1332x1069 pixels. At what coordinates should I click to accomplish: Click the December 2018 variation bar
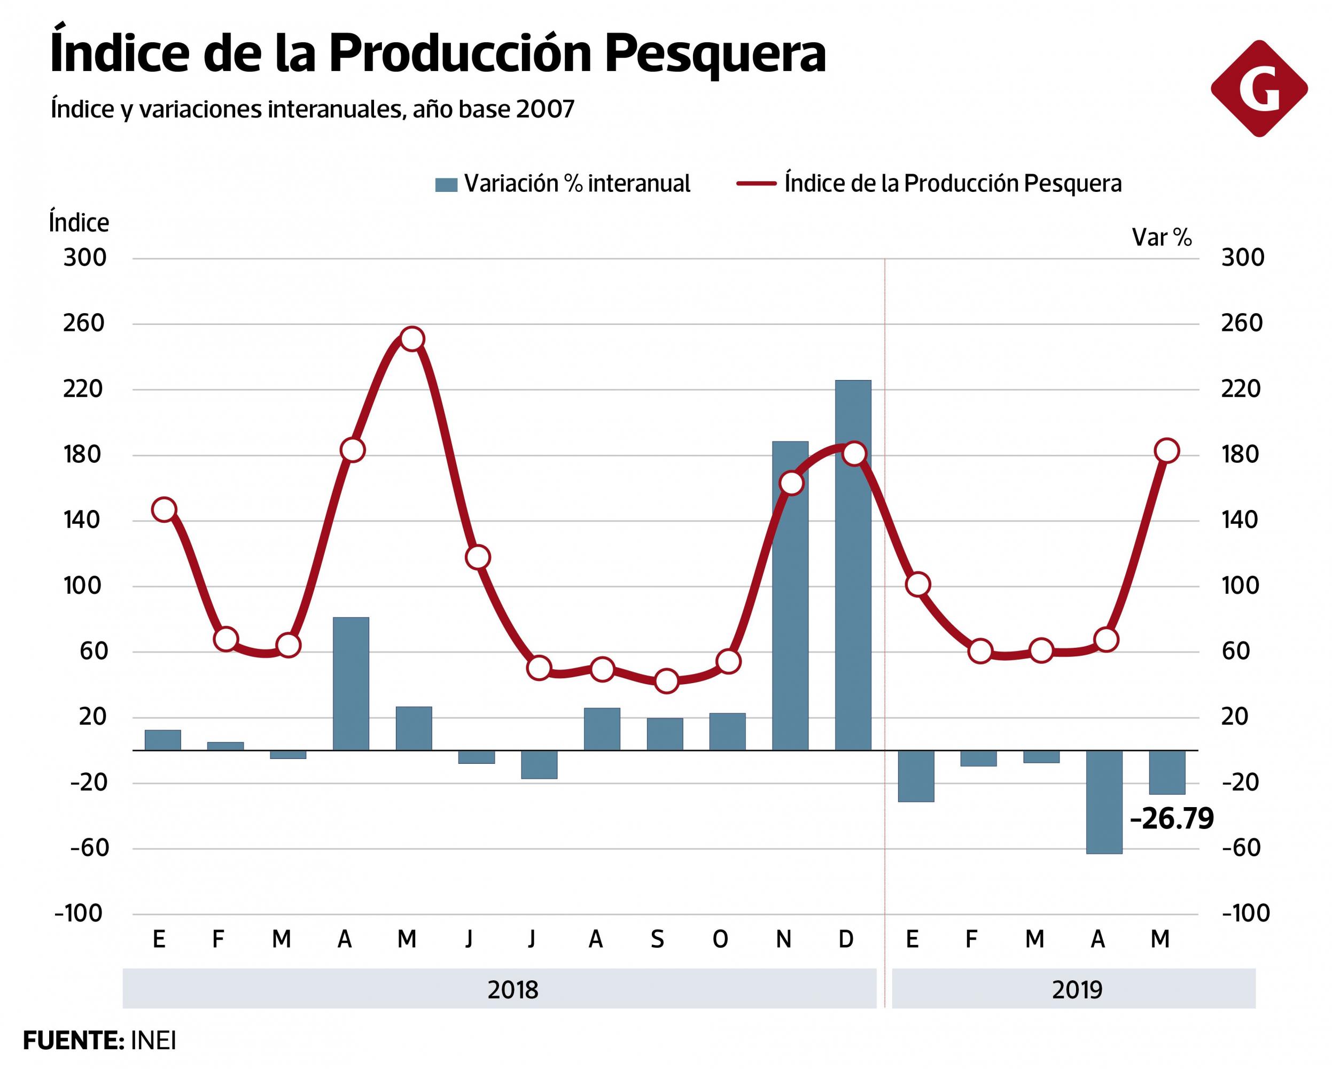(853, 566)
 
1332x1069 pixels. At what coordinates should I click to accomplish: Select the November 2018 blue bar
(790, 597)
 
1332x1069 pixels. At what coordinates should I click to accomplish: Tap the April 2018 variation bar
(351, 684)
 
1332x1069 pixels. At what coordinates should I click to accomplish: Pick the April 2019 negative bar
(1104, 802)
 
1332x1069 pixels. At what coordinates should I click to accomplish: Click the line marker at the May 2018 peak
(412, 339)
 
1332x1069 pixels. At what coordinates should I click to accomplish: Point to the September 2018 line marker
(666, 681)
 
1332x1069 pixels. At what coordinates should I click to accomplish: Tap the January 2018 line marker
(163, 509)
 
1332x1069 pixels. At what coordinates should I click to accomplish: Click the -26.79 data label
(1171, 819)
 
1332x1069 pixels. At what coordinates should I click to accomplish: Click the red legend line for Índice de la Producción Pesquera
(756, 183)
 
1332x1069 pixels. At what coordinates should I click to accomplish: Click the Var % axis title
(1162, 237)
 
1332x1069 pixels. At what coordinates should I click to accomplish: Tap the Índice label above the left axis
(79, 222)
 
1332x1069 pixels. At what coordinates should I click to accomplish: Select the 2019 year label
(1077, 990)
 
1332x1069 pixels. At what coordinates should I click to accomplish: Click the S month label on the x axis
(657, 940)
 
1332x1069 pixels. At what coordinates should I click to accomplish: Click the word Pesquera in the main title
(715, 55)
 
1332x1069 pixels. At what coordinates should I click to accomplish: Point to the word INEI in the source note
(153, 1041)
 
